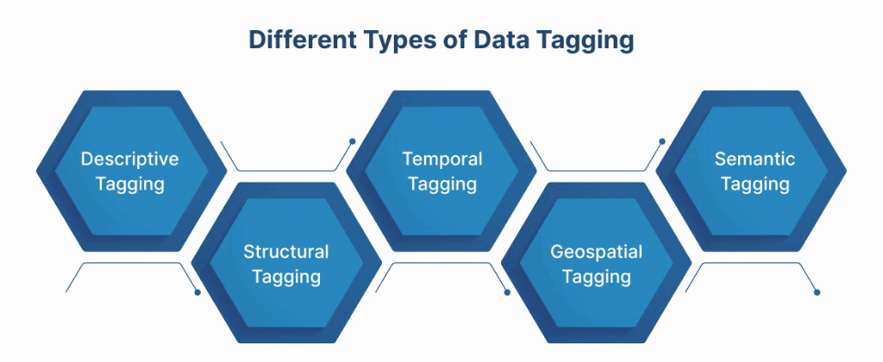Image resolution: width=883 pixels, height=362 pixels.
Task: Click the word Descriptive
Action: point(129,159)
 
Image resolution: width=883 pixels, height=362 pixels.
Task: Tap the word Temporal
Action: point(442,159)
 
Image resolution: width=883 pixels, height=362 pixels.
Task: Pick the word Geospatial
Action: point(597,253)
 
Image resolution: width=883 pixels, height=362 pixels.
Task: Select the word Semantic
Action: point(755,159)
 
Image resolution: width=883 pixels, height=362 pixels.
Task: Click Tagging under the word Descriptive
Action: point(129,185)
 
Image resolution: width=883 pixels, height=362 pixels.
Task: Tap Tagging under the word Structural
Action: point(286,278)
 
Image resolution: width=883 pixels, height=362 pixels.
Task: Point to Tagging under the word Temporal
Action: point(442,185)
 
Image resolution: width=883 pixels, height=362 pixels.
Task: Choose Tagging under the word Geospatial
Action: point(597,278)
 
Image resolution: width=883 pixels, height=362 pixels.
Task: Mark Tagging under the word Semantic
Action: point(755,185)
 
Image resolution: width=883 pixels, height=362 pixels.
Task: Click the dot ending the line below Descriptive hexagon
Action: point(197,292)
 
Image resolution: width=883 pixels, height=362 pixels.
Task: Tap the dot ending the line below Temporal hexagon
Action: point(507,292)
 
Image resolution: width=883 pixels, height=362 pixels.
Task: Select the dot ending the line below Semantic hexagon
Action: point(817,292)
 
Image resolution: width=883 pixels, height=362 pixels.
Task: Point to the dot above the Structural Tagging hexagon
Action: point(352,140)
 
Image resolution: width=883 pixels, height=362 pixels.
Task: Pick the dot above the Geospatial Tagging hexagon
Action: point(662,140)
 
